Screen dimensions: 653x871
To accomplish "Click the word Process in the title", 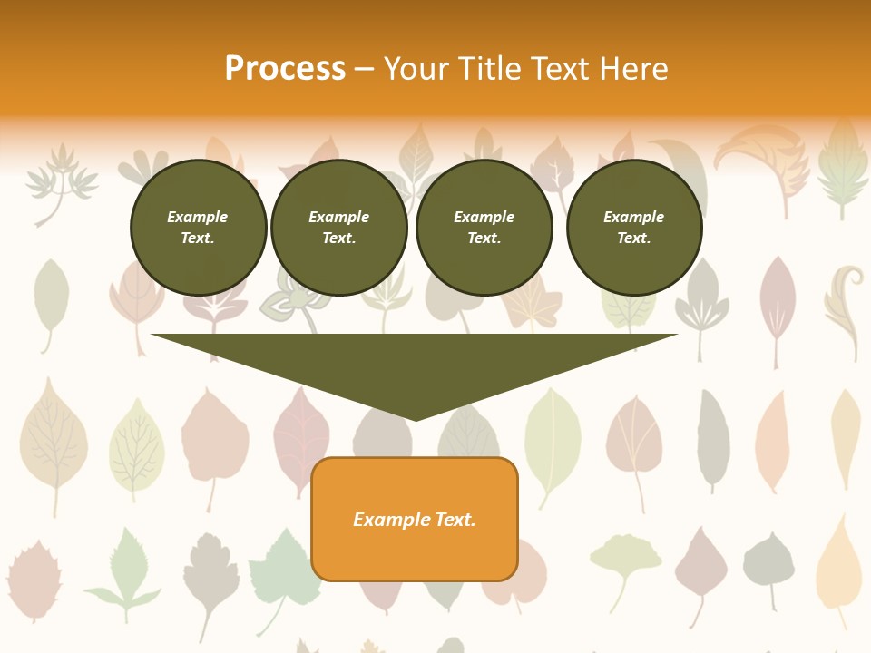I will click(x=285, y=69).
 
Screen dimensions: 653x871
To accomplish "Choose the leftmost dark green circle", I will click(x=199, y=228).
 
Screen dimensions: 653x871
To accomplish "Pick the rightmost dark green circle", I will click(x=634, y=228).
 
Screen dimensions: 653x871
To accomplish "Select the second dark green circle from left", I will click(x=339, y=228).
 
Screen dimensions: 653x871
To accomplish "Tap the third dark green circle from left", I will click(x=484, y=228).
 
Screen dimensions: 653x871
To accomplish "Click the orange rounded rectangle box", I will click(x=415, y=519).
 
